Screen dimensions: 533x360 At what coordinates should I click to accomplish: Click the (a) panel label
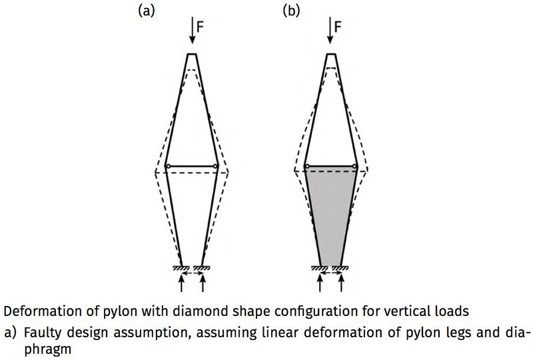click(x=146, y=11)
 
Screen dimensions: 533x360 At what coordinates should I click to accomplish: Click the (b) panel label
click(x=291, y=11)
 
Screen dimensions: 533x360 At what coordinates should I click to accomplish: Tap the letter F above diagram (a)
click(x=201, y=27)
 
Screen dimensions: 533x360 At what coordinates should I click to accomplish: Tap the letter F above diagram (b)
click(x=338, y=27)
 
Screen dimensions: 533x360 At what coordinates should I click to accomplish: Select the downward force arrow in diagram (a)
click(x=193, y=31)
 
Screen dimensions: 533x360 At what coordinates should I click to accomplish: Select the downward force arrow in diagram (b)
click(x=330, y=31)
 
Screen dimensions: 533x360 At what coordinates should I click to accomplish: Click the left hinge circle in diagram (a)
click(x=169, y=167)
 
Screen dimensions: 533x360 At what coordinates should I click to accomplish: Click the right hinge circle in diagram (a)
click(x=215, y=167)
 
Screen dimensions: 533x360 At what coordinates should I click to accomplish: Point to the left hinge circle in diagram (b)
click(x=307, y=167)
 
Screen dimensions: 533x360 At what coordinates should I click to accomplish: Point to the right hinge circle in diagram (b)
click(x=354, y=167)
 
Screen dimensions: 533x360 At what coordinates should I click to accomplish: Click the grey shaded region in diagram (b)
click(x=330, y=215)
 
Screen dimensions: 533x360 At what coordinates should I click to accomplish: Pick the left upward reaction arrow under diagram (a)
click(x=181, y=283)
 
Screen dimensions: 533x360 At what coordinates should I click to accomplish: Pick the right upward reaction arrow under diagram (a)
click(x=203, y=283)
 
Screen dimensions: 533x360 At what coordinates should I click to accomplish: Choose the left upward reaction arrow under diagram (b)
click(x=320, y=283)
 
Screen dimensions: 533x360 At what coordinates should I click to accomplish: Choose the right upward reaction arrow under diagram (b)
click(x=341, y=283)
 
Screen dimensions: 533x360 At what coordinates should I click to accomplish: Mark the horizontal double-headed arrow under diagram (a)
click(x=192, y=273)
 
